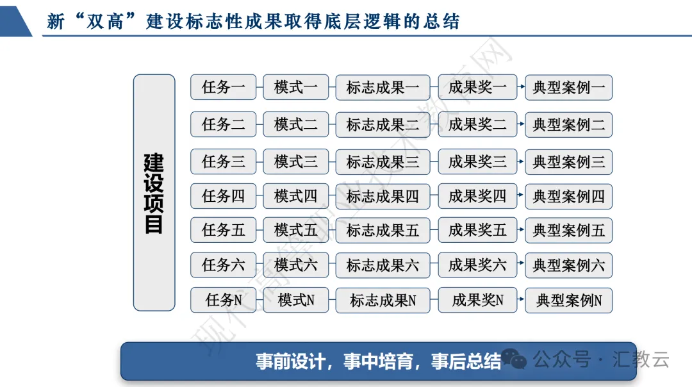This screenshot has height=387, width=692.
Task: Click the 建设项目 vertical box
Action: tap(154, 193)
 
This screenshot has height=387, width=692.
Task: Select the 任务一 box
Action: tap(223, 87)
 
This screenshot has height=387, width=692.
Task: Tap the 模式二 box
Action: tap(295, 124)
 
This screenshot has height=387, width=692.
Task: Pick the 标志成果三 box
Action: tap(383, 162)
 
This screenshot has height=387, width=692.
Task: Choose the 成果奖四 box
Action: tap(477, 196)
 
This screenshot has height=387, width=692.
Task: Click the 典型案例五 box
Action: tap(568, 231)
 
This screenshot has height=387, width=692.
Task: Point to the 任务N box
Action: tap(223, 300)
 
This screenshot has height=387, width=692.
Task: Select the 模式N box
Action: tap(295, 300)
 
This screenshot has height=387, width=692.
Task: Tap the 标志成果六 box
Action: tap(383, 265)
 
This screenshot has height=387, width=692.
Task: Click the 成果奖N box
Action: tap(477, 300)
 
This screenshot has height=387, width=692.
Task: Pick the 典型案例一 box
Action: tap(568, 88)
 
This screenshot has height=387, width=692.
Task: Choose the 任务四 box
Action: tap(223, 196)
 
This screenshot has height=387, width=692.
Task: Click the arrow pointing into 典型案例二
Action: tap(521, 124)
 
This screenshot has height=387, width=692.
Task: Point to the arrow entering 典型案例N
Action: tap(521, 300)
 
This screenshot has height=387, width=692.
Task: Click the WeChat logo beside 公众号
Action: tap(514, 359)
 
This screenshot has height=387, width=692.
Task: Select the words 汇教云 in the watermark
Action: tap(643, 359)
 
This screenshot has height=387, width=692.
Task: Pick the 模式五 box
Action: tap(295, 231)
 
